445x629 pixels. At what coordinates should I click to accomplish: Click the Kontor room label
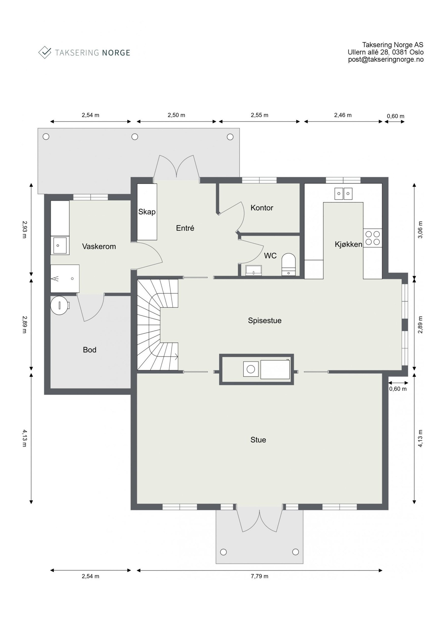coord(261,208)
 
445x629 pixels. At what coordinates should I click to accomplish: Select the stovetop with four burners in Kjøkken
coord(372,238)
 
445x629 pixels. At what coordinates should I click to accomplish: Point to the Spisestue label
coord(264,320)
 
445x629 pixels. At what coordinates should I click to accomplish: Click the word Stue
coord(258,440)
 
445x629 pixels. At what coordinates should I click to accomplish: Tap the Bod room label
coord(90,350)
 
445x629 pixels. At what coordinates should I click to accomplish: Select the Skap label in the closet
coord(147,212)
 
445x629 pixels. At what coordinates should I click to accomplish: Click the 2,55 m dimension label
coord(259,115)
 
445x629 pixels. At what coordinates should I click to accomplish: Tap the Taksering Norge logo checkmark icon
coord(45,52)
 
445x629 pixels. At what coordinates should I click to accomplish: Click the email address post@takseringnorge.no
coord(385,59)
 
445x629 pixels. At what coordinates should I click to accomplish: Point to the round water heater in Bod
coord(59,305)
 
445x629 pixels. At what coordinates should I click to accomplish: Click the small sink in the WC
coord(254,270)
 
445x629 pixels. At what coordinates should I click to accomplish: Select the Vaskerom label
coord(99,246)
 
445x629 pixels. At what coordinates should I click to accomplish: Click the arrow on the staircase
coord(176,356)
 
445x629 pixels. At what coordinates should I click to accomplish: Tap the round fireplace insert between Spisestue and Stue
coord(251,369)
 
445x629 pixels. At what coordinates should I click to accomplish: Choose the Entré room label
coord(185,228)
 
